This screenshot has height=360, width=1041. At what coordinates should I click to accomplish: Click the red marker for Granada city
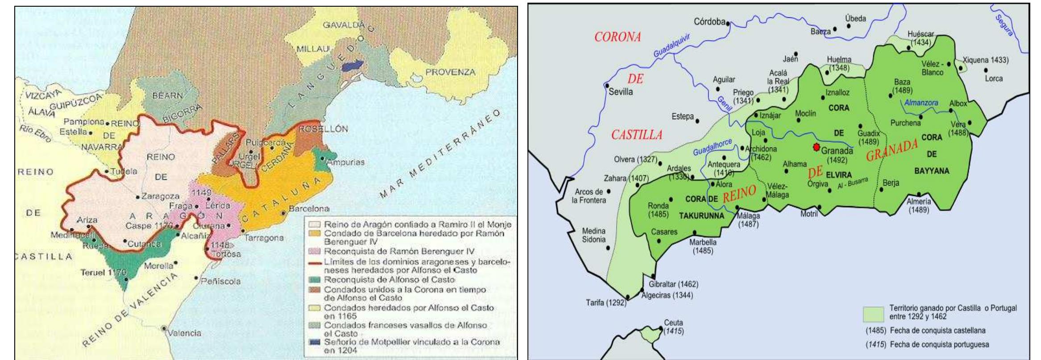click(x=816, y=147)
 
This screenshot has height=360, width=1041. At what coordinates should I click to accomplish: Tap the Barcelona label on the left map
click(x=309, y=208)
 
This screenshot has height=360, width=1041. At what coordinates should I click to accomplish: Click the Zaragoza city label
click(x=160, y=196)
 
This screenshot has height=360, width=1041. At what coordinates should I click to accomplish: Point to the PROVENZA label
click(x=450, y=72)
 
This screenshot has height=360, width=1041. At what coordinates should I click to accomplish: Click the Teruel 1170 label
click(x=103, y=272)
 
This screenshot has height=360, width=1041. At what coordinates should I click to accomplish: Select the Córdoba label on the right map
click(x=709, y=21)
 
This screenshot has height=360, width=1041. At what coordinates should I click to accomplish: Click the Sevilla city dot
click(x=607, y=85)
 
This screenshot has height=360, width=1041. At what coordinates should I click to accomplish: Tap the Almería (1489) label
click(x=918, y=206)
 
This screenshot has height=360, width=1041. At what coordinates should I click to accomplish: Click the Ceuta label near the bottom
click(x=673, y=323)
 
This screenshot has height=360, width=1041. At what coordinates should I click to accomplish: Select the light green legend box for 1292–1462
click(x=873, y=314)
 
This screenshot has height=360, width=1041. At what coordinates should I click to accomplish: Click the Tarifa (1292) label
click(x=606, y=303)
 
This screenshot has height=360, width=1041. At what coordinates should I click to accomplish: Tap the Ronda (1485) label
click(x=659, y=210)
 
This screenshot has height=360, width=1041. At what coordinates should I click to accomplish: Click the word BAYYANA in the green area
click(x=932, y=171)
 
